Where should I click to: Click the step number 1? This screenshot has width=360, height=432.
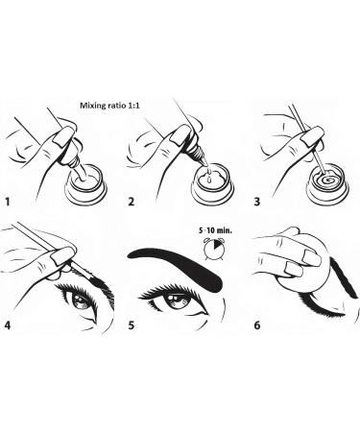(x=8, y=202)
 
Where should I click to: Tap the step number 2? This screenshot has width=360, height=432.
(x=131, y=202)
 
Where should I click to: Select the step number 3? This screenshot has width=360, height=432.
(x=257, y=202)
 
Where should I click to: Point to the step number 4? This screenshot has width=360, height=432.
(x=8, y=325)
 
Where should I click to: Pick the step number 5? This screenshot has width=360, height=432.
(x=132, y=325)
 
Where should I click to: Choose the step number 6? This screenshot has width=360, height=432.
(x=257, y=325)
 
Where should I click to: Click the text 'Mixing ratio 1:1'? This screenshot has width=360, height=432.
(x=109, y=106)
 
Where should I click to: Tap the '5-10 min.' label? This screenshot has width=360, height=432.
(x=215, y=230)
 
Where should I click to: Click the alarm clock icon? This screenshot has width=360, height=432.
(x=212, y=248)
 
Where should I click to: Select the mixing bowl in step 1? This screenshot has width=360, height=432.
(x=85, y=185)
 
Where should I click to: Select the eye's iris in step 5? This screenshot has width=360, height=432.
(x=177, y=301)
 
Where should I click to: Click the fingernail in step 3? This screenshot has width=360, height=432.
(x=312, y=136)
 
